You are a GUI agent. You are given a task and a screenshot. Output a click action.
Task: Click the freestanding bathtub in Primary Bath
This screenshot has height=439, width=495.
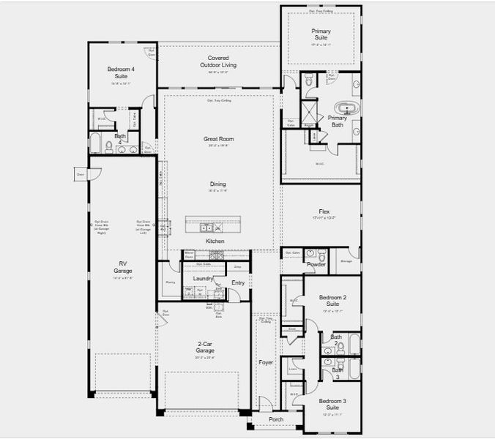(x=346, y=109)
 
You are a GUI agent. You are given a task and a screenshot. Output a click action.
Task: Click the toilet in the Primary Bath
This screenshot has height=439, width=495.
(x=308, y=80)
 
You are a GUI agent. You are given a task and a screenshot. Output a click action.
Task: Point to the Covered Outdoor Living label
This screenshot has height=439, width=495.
(x=217, y=61)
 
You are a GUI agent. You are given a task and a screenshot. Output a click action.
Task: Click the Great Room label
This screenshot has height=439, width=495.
(x=217, y=138)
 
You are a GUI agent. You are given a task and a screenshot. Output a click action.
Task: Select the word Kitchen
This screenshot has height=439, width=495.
(x=215, y=241)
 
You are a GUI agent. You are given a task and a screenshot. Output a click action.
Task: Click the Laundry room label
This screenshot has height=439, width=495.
(x=203, y=278)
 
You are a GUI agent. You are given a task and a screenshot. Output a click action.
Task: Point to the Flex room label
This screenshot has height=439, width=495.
(x=324, y=211)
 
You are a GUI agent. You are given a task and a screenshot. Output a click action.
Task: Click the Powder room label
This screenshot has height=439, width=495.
(x=316, y=264)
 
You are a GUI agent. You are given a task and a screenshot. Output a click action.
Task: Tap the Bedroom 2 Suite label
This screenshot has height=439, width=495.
(x=332, y=300)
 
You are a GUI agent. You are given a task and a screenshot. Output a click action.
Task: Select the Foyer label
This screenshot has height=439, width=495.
(x=265, y=362)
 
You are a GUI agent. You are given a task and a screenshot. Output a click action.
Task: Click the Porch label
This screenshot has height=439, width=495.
(x=275, y=419)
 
